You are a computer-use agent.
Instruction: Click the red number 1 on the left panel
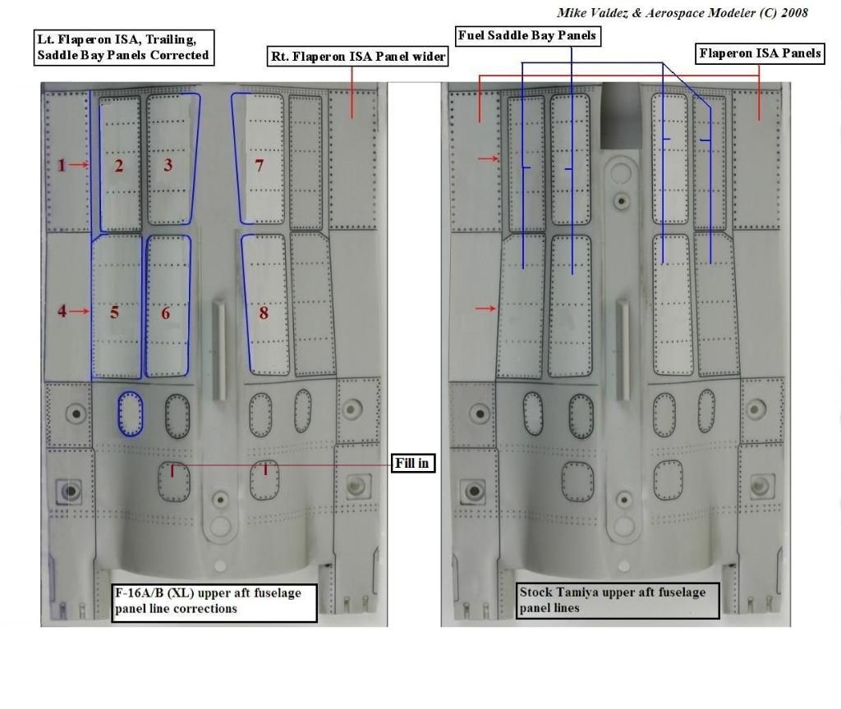pos(62,165)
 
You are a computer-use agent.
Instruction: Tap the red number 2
pos(118,166)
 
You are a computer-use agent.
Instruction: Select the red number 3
pos(168,165)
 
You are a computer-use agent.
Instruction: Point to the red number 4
pos(62,311)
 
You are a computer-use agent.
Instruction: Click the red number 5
pos(115,313)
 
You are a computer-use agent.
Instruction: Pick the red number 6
pos(166,313)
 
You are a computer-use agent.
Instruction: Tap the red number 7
pos(259,166)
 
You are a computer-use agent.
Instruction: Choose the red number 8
pos(264,313)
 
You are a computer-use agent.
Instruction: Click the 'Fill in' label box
pos(412,463)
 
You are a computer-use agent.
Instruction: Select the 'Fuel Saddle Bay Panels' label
pos(527,36)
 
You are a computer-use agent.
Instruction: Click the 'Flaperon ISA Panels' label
pos(760,53)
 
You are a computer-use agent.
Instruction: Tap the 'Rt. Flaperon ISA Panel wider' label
pos(358,57)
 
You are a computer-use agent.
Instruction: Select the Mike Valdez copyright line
pos(682,13)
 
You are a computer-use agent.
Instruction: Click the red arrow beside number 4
pos(80,311)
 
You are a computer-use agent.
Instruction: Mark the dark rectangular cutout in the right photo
pos(621,115)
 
